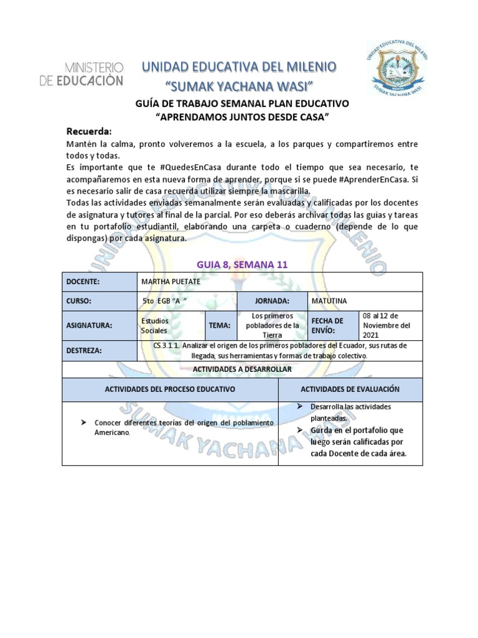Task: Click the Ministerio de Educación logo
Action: (x=94, y=73)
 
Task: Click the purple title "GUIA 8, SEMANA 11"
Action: (x=238, y=264)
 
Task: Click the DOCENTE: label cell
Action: (x=100, y=282)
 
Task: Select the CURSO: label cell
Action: (x=100, y=301)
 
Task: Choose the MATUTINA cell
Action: (x=365, y=301)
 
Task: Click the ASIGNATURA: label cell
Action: (x=100, y=325)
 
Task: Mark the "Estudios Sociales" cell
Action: (x=171, y=325)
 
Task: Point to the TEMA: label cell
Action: (x=218, y=325)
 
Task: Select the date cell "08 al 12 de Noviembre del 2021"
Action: (x=391, y=325)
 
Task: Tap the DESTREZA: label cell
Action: (x=100, y=351)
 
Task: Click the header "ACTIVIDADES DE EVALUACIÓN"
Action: (x=350, y=389)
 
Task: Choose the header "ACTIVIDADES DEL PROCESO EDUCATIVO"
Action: (x=170, y=389)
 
